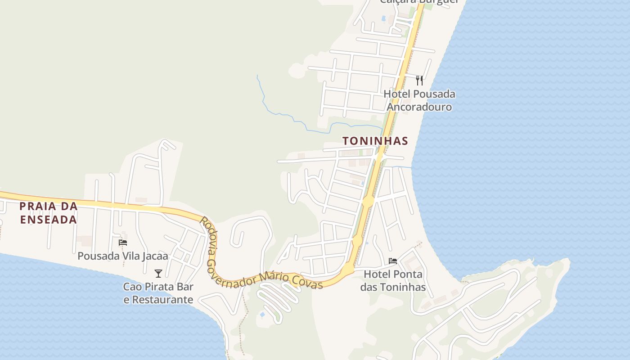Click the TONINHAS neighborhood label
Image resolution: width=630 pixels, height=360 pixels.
pyautogui.click(x=375, y=141)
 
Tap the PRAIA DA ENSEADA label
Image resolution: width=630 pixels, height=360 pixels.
pyautogui.click(x=48, y=213)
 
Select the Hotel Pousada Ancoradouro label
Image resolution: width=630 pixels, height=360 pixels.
pyautogui.click(x=419, y=100)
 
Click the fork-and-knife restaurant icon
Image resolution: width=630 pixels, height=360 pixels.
pyautogui.click(x=419, y=81)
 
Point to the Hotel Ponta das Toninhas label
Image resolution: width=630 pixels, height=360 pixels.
pyautogui.click(x=393, y=280)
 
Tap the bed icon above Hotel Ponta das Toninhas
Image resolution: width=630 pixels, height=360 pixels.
pyautogui.click(x=393, y=261)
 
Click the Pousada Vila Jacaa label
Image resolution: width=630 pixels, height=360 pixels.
pyautogui.click(x=123, y=256)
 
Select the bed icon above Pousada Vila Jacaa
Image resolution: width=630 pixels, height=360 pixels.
pyautogui.click(x=122, y=243)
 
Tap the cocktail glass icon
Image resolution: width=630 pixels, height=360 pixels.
pyautogui.click(x=158, y=273)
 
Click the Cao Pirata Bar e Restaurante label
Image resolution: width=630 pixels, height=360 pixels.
pyautogui.click(x=158, y=293)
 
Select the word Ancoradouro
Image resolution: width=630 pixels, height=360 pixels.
pyautogui.click(x=419, y=107)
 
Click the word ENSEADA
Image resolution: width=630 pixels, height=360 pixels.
pyautogui.click(x=48, y=220)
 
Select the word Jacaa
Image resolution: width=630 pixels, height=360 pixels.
pyautogui.click(x=154, y=256)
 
